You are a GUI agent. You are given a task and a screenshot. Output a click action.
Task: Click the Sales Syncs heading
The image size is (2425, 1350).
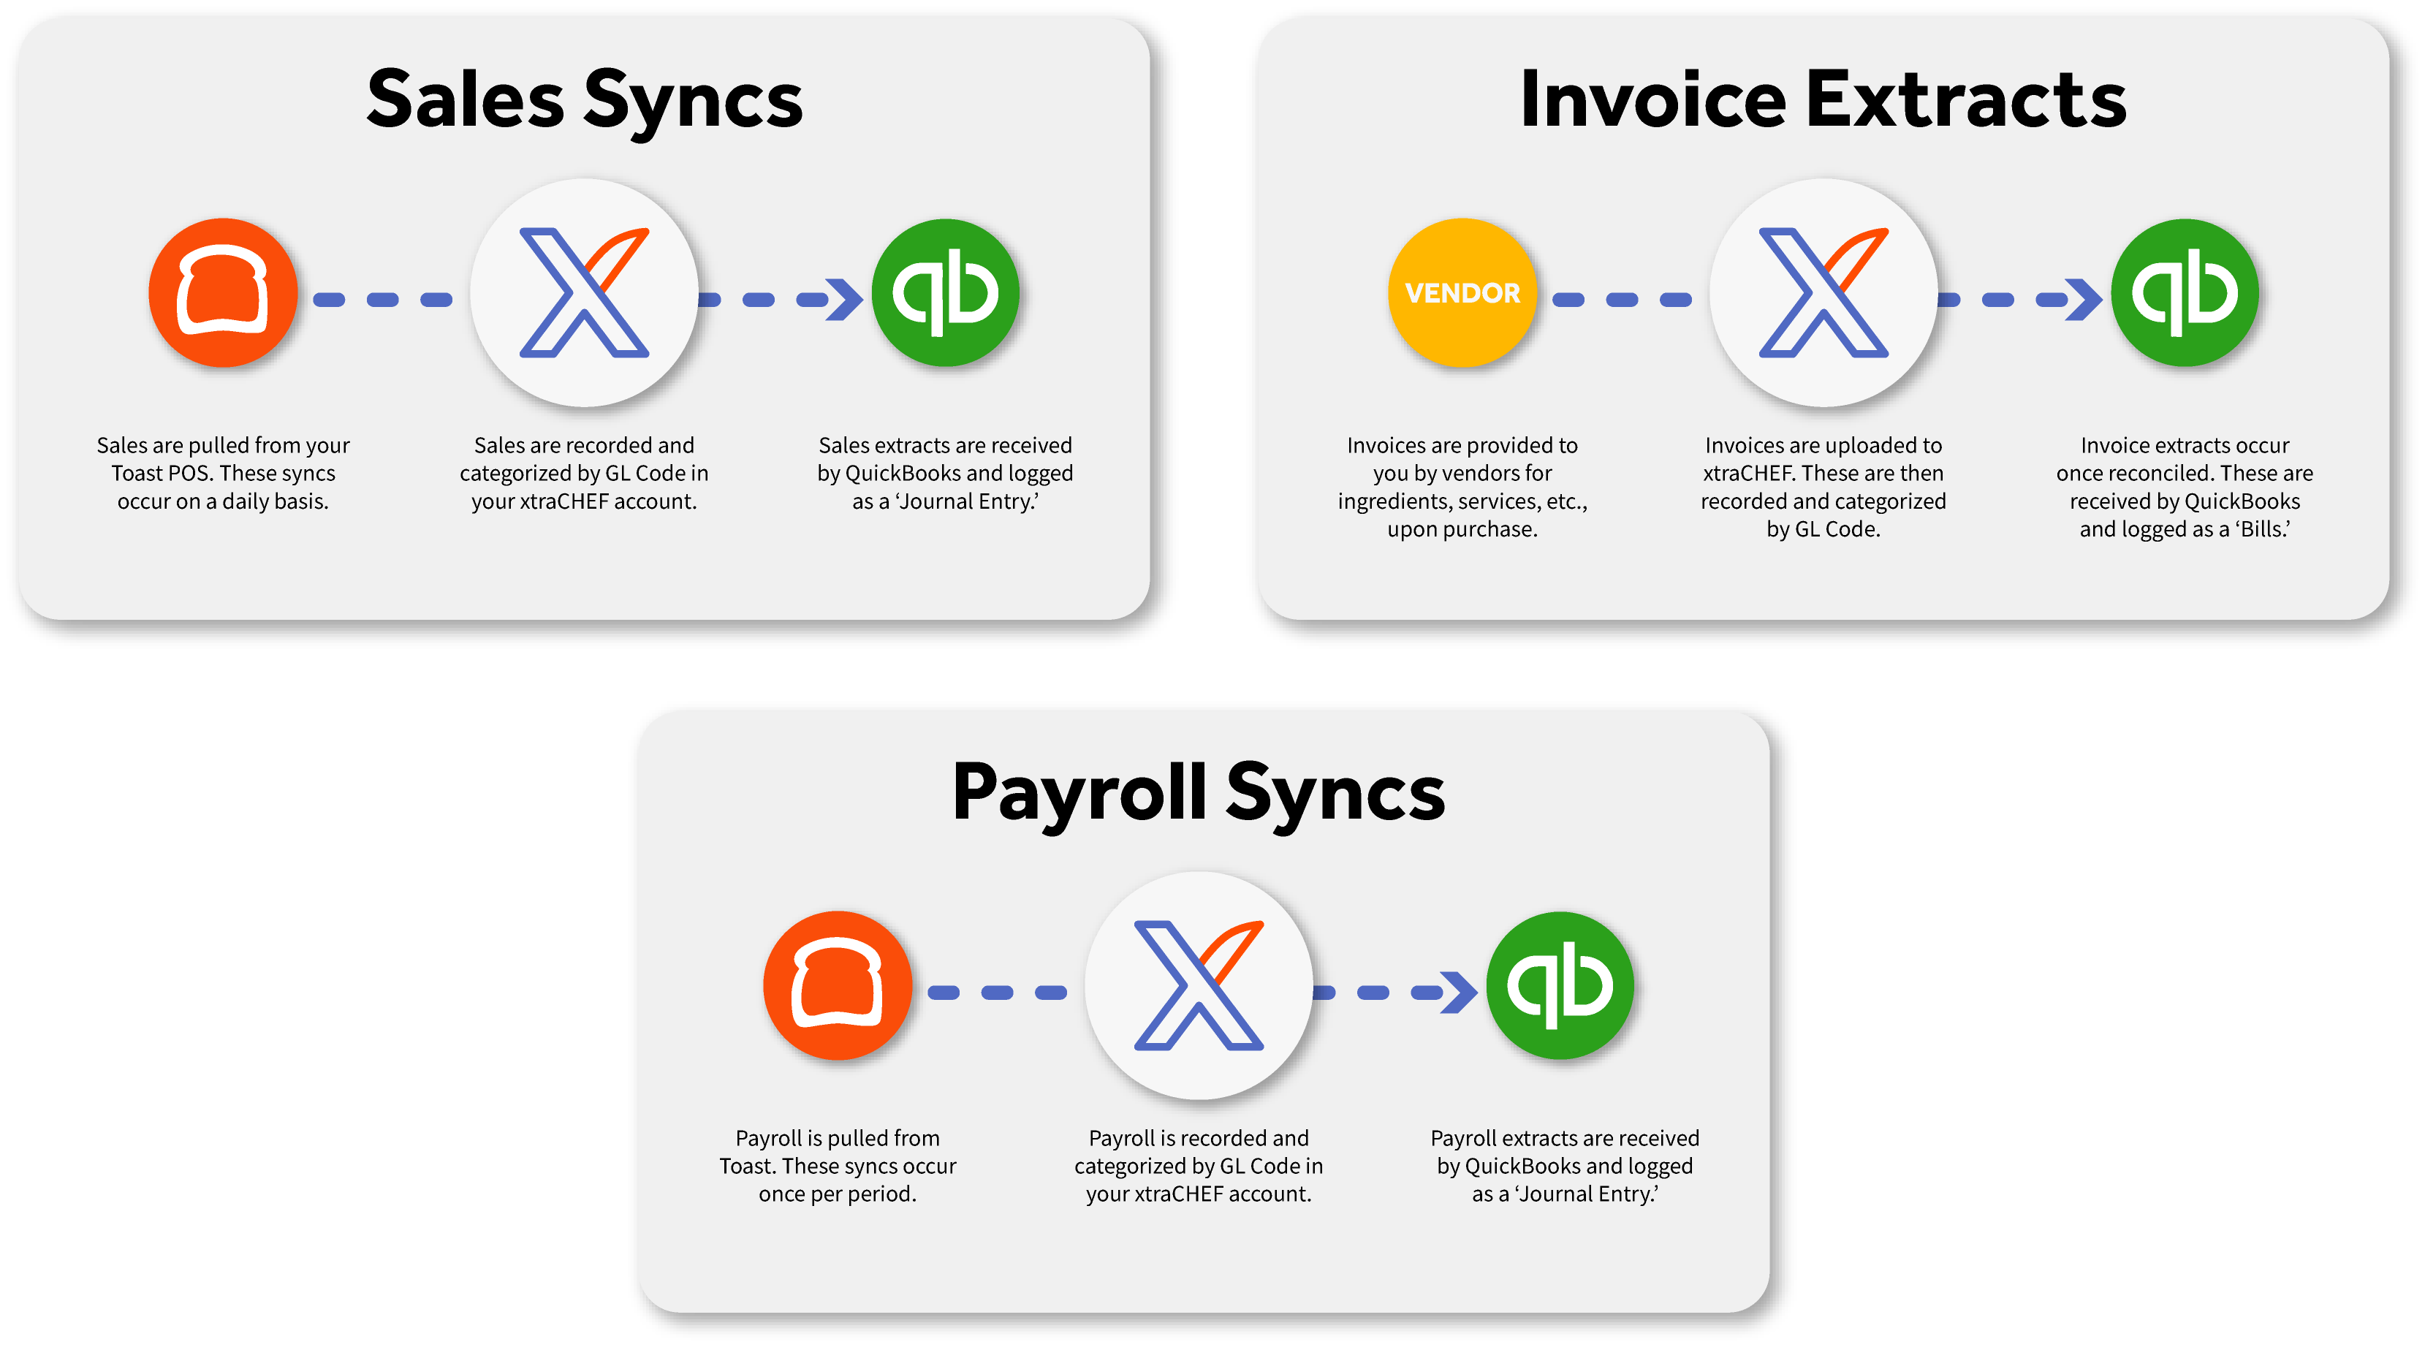pyautogui.click(x=584, y=100)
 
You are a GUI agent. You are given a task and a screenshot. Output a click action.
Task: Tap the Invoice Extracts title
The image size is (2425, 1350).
pyautogui.click(x=1823, y=100)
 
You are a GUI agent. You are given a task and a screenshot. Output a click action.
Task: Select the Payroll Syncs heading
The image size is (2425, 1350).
pyautogui.click(x=1199, y=793)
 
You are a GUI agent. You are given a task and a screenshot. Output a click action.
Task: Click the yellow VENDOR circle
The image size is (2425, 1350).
pyautogui.click(x=1462, y=293)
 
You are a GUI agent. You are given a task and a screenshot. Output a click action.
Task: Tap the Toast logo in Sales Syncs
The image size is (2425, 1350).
pyautogui.click(x=223, y=293)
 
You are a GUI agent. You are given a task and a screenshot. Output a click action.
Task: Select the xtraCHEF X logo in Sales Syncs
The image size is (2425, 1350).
pyautogui.click(x=584, y=293)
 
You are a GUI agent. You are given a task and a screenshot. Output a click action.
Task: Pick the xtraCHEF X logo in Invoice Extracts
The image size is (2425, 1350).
pyautogui.click(x=1824, y=293)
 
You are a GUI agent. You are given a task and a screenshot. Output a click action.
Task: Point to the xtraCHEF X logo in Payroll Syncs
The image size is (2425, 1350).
pyautogui.click(x=1199, y=986)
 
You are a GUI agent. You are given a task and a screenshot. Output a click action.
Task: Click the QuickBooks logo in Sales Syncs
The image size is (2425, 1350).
pyautogui.click(x=945, y=293)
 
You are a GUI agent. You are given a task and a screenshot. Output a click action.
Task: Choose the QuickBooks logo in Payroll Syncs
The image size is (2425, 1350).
pyautogui.click(x=1560, y=986)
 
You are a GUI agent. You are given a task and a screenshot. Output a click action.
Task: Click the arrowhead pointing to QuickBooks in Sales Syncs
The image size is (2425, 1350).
pyautogui.click(x=846, y=300)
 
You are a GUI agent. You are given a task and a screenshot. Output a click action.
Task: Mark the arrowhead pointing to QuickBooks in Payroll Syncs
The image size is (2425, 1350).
pyautogui.click(x=1461, y=993)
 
